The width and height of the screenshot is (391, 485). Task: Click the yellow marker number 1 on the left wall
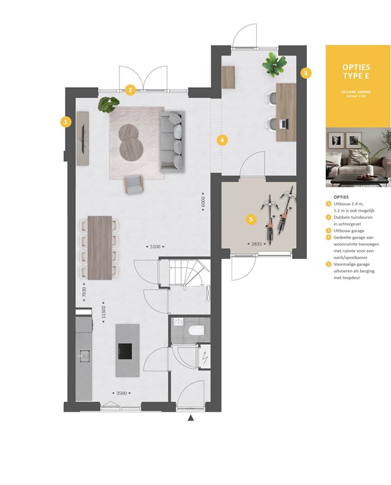pyautogui.click(x=65, y=121)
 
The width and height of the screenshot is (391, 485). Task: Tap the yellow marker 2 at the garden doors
pyautogui.click(x=130, y=90)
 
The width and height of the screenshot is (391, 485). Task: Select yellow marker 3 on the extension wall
pyautogui.click(x=306, y=73)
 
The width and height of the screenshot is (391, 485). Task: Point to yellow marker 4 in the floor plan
pyautogui.click(x=222, y=140)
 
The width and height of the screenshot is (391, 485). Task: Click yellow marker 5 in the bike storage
pyautogui.click(x=251, y=219)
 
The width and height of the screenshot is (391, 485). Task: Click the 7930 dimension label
pyautogui.click(x=83, y=292)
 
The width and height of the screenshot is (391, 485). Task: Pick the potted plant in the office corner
pyautogui.click(x=274, y=63)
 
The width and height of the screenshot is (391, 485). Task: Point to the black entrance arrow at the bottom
pyautogui.click(x=190, y=417)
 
